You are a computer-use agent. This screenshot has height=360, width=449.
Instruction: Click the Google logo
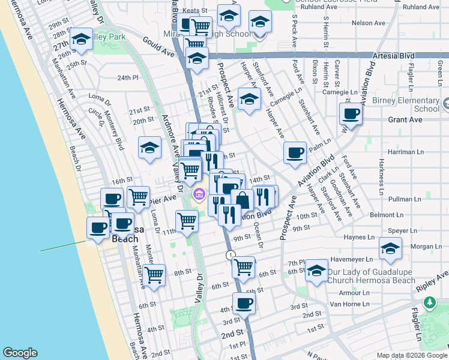pos(20,353)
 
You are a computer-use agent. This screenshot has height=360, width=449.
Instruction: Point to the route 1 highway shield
pos(231,256)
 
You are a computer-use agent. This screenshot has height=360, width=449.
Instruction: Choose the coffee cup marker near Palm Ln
pos(295,153)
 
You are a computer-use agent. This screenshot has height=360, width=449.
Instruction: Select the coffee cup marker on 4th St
pos(244,304)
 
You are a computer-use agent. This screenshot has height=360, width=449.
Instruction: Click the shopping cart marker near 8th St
pos(154,275)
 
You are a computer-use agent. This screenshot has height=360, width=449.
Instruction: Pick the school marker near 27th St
pos(81,40)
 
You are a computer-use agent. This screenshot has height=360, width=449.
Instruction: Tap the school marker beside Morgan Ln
pos(390,249)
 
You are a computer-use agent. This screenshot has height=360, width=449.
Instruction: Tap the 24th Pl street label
pos(128,78)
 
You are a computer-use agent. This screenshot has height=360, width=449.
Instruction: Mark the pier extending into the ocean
pos(64,246)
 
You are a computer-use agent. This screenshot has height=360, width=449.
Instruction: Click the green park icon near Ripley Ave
pos(430,303)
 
